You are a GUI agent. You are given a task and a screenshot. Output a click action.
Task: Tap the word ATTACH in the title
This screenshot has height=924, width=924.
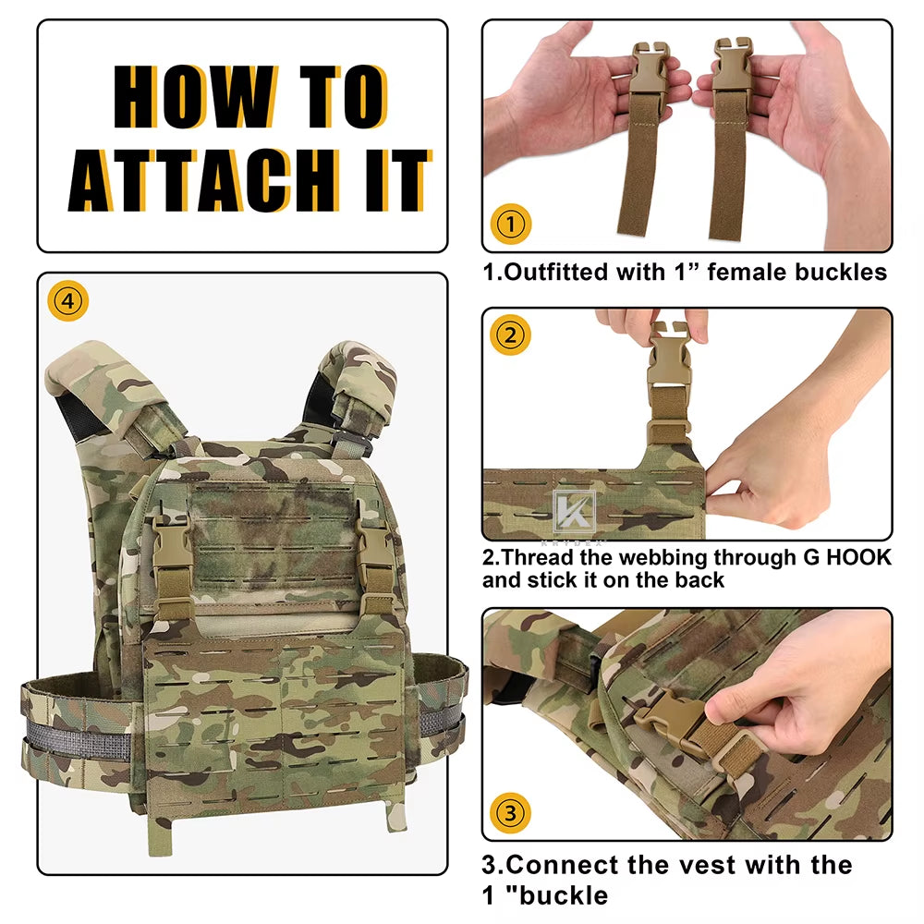click(204, 180)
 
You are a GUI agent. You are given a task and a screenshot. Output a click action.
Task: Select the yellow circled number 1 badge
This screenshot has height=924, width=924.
click(510, 224)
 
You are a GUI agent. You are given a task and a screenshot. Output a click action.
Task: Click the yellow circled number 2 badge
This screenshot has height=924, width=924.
click(510, 335)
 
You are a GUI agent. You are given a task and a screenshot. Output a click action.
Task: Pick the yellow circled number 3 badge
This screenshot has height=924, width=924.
click(510, 813)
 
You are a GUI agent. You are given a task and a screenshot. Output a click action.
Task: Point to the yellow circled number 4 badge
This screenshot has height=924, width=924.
click(68, 301)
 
